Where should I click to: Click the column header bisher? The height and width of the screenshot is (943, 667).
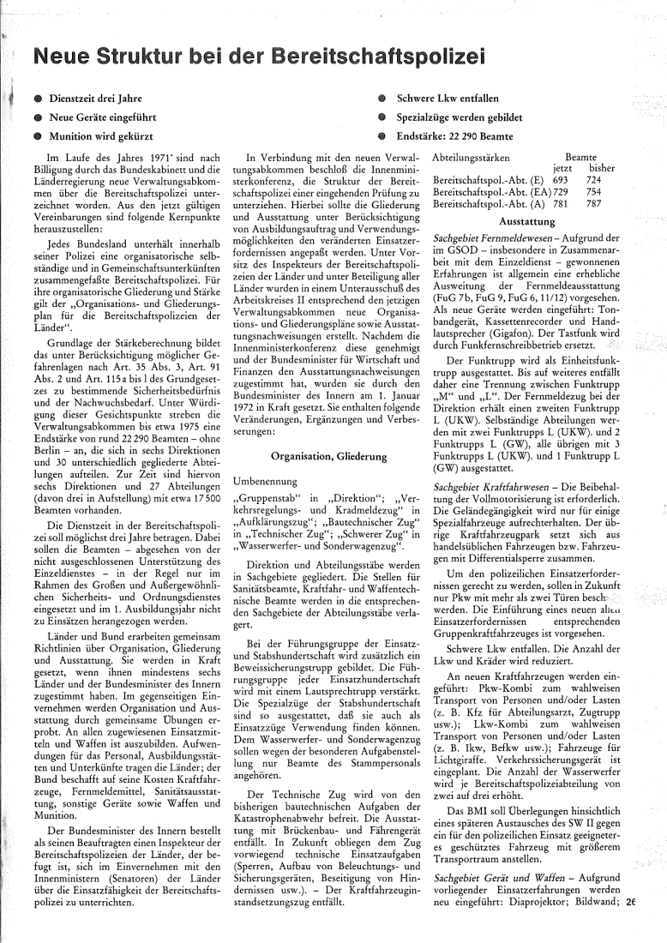point(597,170)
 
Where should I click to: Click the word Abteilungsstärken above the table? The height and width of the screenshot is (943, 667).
point(472,159)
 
